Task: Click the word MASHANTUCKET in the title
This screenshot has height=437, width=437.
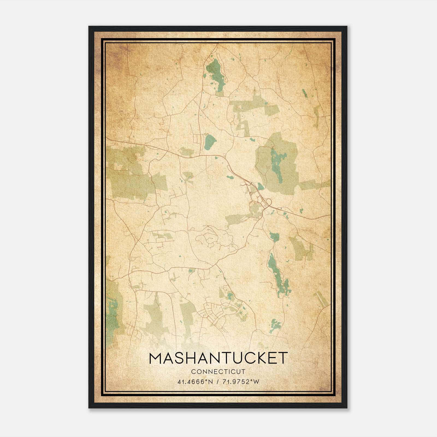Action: tap(218, 358)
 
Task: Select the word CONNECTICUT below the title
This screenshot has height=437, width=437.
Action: tap(218, 372)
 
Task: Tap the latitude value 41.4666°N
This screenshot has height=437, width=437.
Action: tap(195, 382)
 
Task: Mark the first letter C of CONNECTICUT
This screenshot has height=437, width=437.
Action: tap(193, 372)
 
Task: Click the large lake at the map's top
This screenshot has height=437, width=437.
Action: tap(216, 74)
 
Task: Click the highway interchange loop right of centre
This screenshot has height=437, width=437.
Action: tap(268, 203)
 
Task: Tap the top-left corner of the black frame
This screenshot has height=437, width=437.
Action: tap(89, 27)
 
